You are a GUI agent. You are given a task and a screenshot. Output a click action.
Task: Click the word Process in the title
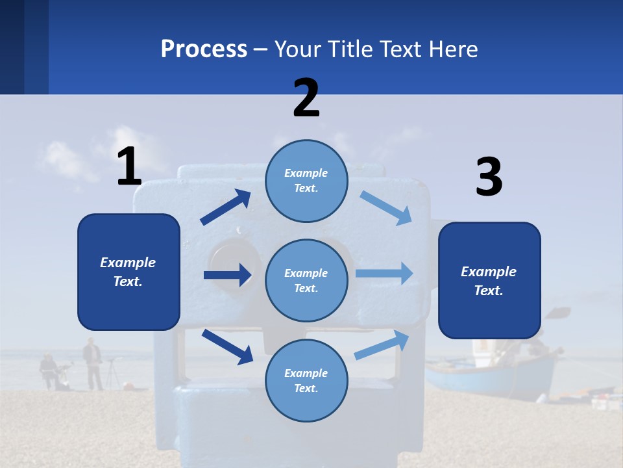pos(204,49)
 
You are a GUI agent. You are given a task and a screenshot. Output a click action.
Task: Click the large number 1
pos(129,166)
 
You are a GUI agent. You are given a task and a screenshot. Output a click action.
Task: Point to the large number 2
pos(306,97)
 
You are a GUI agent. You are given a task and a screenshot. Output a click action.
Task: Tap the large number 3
pos(489,177)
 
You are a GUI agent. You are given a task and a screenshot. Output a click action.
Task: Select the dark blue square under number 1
pos(128,272)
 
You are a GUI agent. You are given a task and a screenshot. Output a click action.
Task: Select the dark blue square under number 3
pos(489,281)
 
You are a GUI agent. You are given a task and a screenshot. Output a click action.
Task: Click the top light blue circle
pos(306,181)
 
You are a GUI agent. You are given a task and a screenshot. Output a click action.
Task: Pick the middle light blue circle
pos(306,281)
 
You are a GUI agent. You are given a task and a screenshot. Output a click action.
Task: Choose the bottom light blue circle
pos(306,381)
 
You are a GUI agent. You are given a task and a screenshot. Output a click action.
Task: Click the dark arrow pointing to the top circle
pos(225,207)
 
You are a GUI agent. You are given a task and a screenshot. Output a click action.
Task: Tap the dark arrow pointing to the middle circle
pos(227,275)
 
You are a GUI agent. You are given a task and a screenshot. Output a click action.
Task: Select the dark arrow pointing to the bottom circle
pos(227,346)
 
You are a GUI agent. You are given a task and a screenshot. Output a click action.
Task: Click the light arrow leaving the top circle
pos(385,207)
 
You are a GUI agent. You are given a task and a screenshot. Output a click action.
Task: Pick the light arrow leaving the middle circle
pos(384,273)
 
